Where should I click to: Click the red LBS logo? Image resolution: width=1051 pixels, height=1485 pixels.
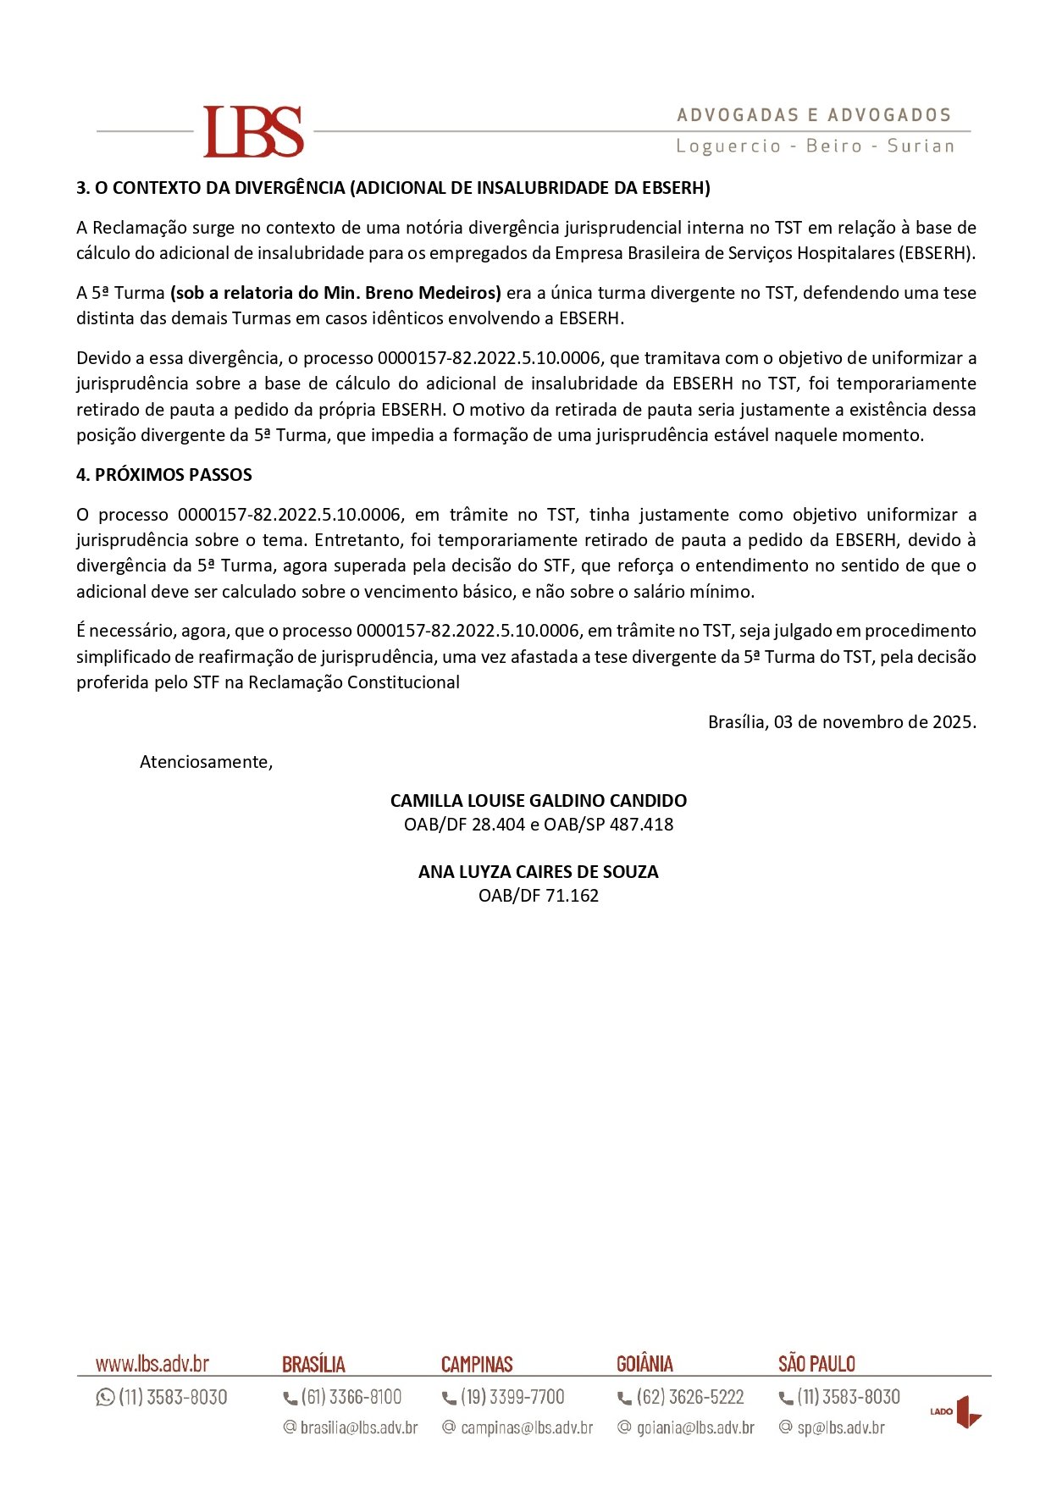point(253,131)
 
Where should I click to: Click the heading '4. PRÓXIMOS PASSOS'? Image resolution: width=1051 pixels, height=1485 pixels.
point(164,475)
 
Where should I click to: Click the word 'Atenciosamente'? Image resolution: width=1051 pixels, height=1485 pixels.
point(205,762)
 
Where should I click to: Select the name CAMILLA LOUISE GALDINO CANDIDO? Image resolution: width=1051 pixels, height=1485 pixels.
point(539,801)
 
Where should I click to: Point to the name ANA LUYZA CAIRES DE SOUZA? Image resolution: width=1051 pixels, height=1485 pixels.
point(539,872)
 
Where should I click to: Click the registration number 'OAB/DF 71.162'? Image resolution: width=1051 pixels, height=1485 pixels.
point(539,896)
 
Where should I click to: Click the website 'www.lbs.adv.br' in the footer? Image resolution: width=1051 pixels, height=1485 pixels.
point(152,1364)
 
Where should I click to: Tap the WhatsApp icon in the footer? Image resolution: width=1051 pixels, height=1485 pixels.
point(106,1397)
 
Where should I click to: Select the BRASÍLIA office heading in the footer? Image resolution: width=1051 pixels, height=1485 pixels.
point(313,1365)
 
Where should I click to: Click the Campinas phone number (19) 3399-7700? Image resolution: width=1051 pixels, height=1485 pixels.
point(512,1397)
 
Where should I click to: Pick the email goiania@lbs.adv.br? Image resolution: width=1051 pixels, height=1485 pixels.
point(694,1427)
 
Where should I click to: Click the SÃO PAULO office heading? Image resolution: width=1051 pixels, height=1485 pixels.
point(816,1364)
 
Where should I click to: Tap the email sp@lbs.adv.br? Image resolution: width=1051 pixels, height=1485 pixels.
point(840,1427)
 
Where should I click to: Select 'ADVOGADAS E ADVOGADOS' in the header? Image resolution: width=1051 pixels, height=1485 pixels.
point(814,115)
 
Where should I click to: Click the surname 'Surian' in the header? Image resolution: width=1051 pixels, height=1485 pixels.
point(921,146)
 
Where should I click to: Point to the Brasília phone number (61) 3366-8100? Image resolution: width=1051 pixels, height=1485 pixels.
point(351,1397)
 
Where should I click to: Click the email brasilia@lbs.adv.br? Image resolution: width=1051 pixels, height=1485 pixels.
point(359,1427)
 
